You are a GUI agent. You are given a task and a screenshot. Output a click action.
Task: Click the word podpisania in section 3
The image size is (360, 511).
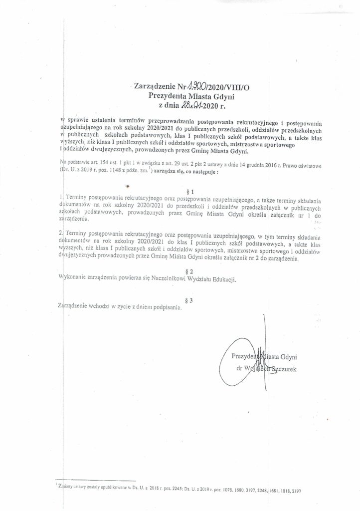click(166, 308)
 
